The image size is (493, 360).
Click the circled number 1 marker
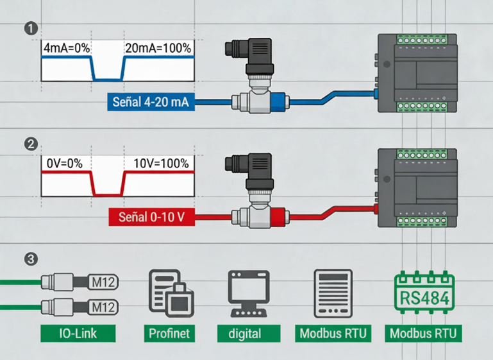(29, 28)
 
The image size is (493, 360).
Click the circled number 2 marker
(29, 144)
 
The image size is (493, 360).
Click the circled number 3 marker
(29, 260)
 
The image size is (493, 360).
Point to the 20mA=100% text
(158, 48)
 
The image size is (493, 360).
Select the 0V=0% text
(64, 164)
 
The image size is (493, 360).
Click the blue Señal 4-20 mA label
(150, 101)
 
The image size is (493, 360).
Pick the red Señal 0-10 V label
(152, 217)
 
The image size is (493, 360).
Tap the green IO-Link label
(78, 334)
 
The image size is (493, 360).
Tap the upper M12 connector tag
(102, 282)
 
